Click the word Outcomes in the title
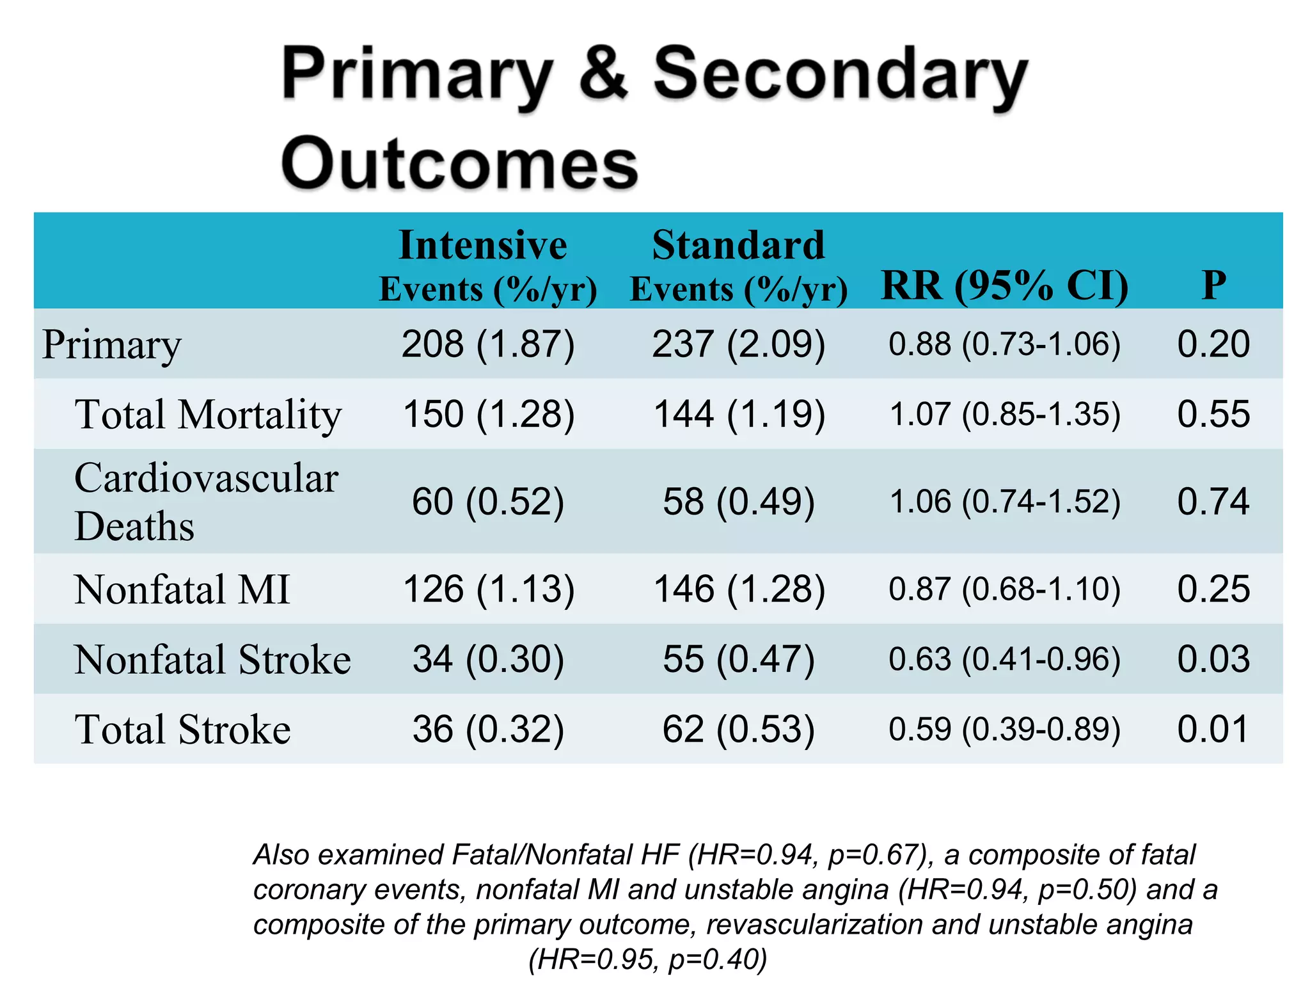(x=459, y=164)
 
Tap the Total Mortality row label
(x=208, y=414)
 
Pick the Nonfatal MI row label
(x=182, y=589)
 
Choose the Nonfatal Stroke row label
(x=212, y=659)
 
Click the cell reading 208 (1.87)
(x=488, y=344)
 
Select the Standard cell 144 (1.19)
(x=739, y=414)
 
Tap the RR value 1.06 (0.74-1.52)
(x=1004, y=501)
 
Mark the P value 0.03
(x=1213, y=659)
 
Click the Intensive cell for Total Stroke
(x=488, y=729)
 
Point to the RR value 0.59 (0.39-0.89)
(x=1004, y=729)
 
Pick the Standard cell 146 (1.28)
(x=739, y=589)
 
